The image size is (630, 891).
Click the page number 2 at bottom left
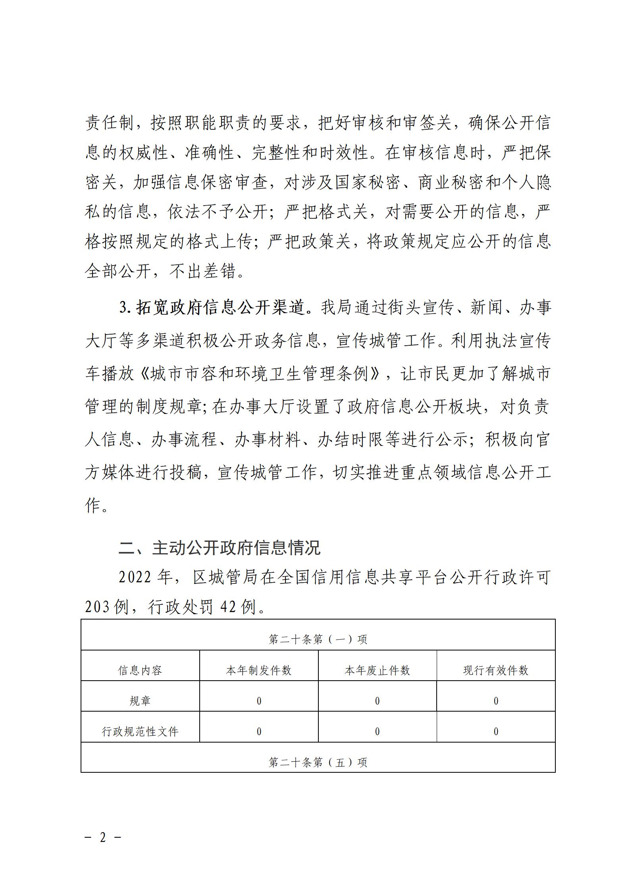pyautogui.click(x=103, y=838)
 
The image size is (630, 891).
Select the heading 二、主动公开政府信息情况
pyautogui.click(x=220, y=548)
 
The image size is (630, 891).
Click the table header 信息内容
pyautogui.click(x=140, y=670)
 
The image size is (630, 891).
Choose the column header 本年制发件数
pyautogui.click(x=258, y=670)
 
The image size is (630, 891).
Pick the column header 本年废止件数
pyautogui.click(x=377, y=670)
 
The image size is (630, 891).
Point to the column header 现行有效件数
pyautogui.click(x=496, y=670)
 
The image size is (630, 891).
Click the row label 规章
pyautogui.click(x=140, y=701)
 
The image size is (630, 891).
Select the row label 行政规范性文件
pyautogui.click(x=140, y=731)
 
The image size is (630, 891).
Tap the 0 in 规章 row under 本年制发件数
pyautogui.click(x=259, y=701)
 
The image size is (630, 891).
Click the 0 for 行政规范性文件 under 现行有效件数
pyautogui.click(x=496, y=731)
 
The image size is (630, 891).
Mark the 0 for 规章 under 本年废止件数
pyautogui.click(x=377, y=701)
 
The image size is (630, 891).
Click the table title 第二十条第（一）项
pyautogui.click(x=318, y=639)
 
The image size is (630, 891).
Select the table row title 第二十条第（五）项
pyautogui.click(x=318, y=762)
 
